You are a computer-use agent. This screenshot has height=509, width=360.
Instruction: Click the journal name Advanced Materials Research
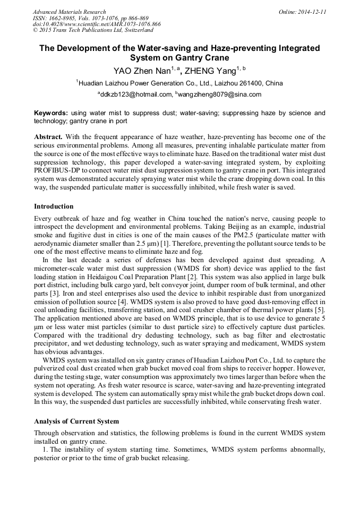(x=69, y=12)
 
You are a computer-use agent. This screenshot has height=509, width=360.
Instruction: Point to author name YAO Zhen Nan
(x=140, y=70)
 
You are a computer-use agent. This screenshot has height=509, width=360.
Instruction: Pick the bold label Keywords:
(x=51, y=113)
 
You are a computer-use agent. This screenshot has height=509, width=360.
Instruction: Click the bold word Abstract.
(x=48, y=137)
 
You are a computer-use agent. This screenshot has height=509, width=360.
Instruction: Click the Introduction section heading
(x=54, y=206)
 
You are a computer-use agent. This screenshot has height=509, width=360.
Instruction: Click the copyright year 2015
(x=48, y=31)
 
